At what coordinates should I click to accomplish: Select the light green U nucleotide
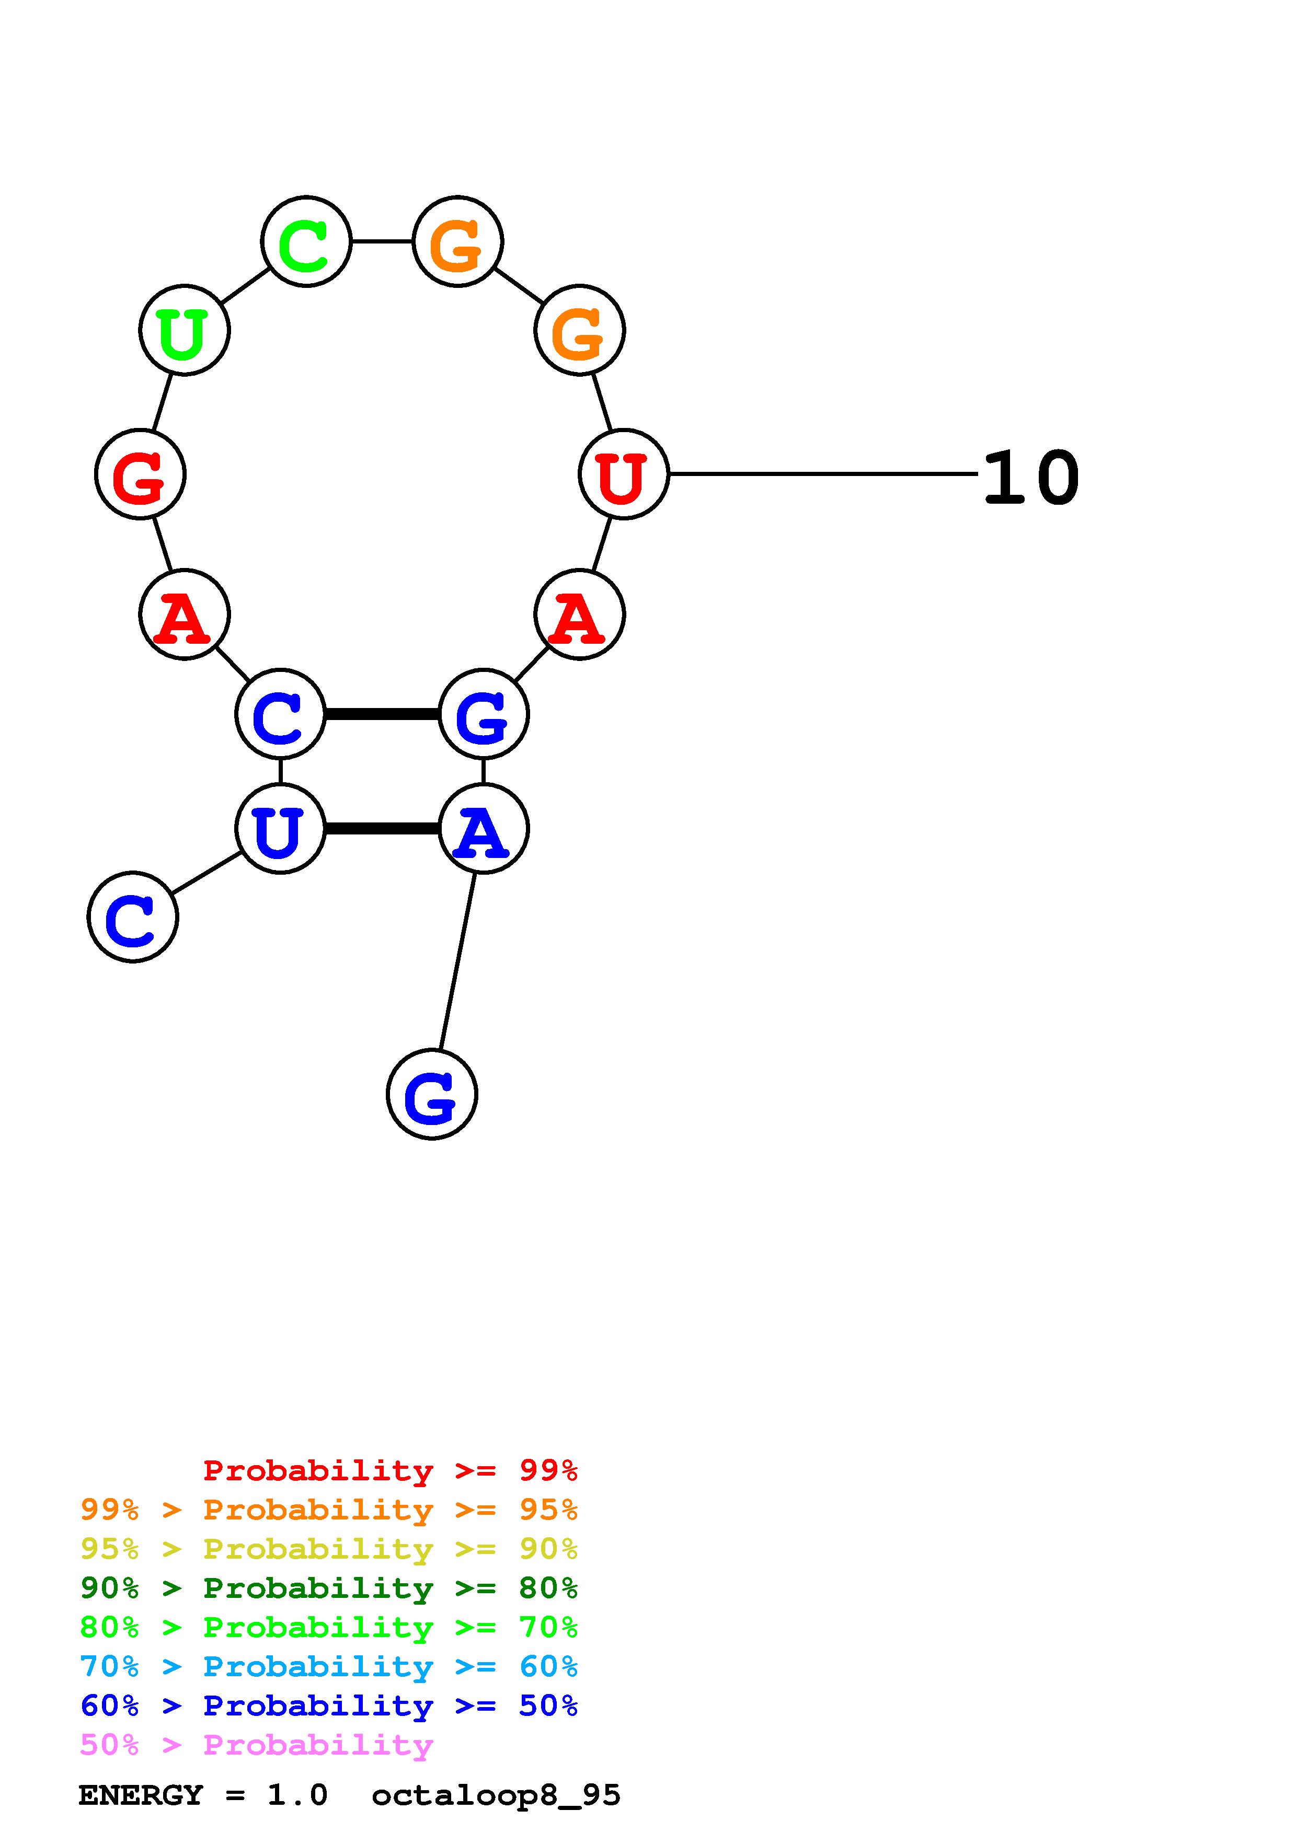[185, 330]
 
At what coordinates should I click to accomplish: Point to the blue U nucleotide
[280, 829]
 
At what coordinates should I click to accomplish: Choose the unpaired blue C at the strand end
[133, 918]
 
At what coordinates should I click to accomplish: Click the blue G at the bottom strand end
[431, 1095]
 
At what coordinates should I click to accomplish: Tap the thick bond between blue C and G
[382, 714]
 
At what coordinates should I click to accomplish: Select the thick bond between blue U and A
[382, 829]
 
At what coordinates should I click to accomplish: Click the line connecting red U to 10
[822, 474]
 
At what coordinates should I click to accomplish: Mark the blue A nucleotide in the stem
[483, 829]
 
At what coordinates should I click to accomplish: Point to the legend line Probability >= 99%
[391, 1470]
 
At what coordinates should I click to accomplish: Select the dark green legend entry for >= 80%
[329, 1588]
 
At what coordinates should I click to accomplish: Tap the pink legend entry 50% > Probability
[257, 1745]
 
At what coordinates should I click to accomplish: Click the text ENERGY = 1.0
[203, 1795]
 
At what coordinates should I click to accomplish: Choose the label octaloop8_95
[496, 1795]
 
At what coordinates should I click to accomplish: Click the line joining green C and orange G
[382, 241]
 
